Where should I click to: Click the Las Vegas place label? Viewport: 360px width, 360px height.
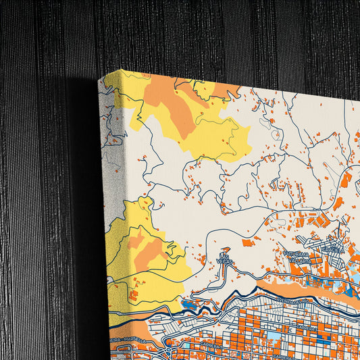coord(226,259)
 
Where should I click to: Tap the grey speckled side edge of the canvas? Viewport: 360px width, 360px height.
coord(112,169)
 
